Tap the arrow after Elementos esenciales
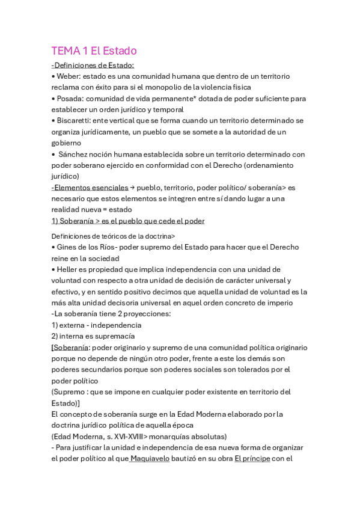click(133, 188)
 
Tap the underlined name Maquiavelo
click(149, 458)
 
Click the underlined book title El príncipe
click(253, 458)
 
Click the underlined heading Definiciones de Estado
click(94, 65)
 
